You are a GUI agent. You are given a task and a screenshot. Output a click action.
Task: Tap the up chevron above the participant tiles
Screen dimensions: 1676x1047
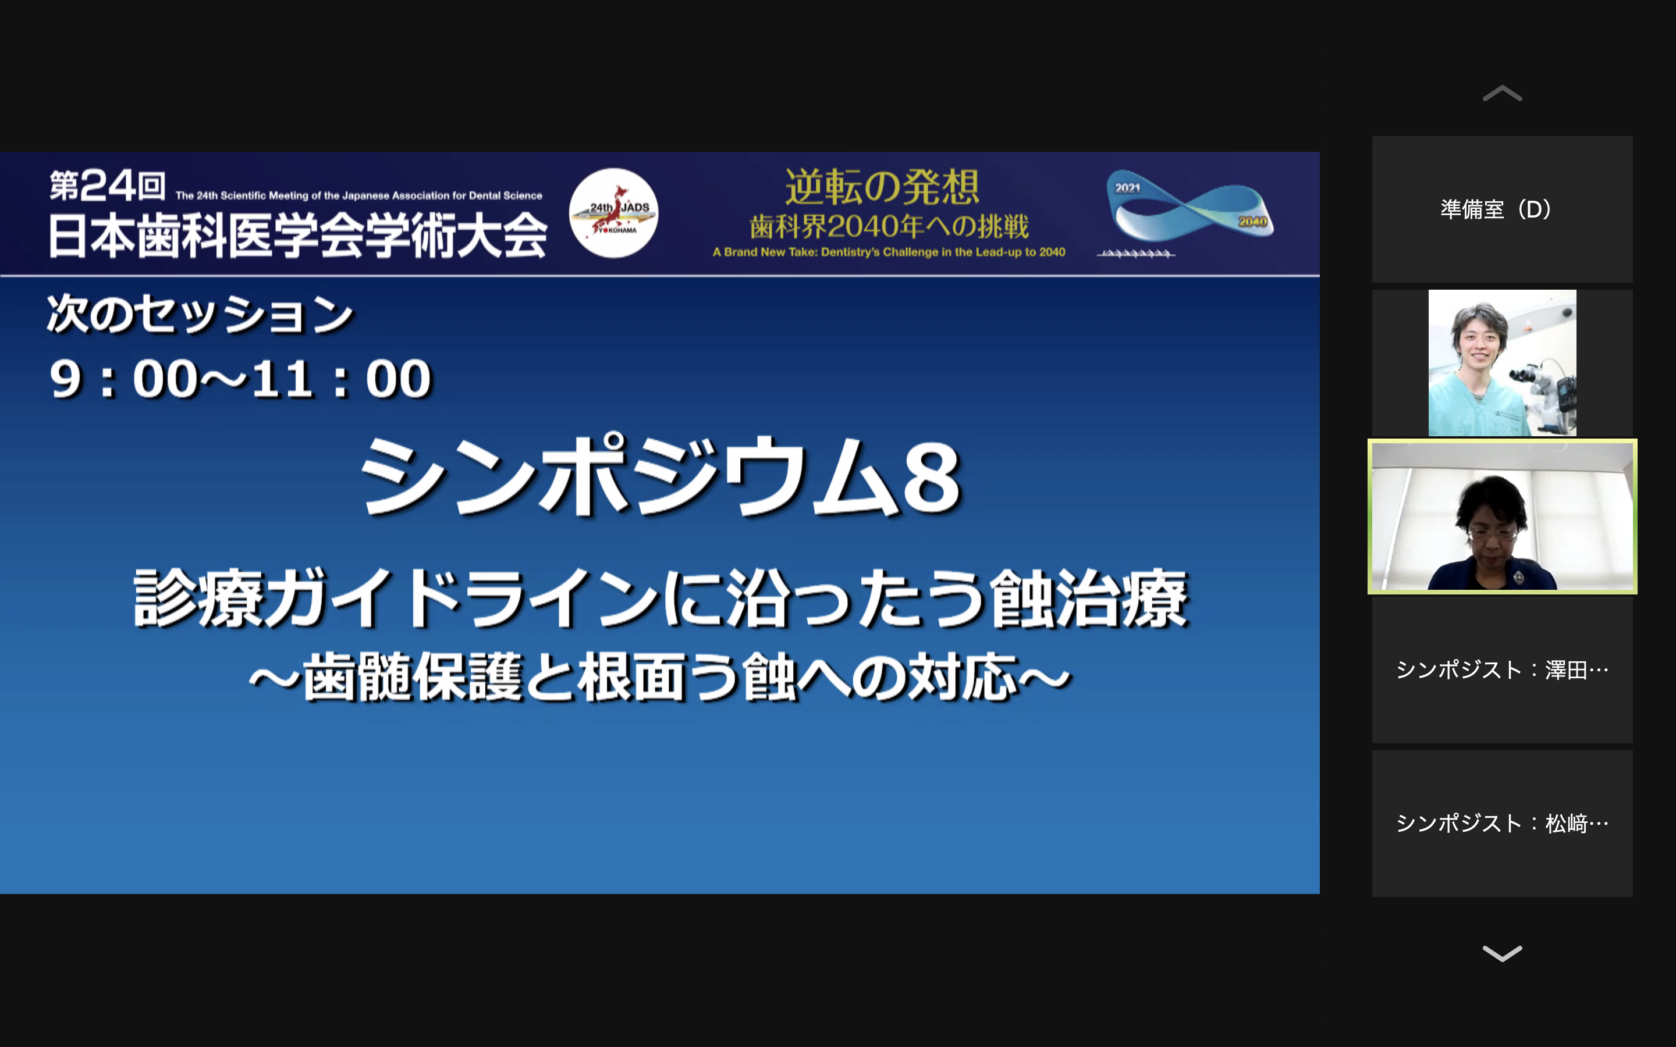click(1502, 94)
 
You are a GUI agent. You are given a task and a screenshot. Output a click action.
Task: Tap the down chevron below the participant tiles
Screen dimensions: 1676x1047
click(1502, 953)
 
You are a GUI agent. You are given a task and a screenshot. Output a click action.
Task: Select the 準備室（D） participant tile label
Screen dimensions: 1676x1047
click(1496, 209)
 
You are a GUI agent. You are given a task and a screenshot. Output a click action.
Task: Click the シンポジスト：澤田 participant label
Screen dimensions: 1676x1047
click(1502, 669)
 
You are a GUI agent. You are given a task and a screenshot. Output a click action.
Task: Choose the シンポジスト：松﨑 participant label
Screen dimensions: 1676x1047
click(1502, 823)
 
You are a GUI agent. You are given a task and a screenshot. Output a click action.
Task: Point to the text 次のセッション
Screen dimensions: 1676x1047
click(200, 314)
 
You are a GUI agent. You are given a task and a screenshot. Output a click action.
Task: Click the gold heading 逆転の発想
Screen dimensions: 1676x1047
click(882, 187)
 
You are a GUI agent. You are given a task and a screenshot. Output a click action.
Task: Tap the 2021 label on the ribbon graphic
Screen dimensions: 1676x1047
click(1127, 188)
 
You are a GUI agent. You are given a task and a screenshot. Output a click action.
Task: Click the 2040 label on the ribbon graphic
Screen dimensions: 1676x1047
click(1253, 222)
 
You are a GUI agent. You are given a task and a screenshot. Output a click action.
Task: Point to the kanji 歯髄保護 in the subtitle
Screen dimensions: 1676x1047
click(413, 676)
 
